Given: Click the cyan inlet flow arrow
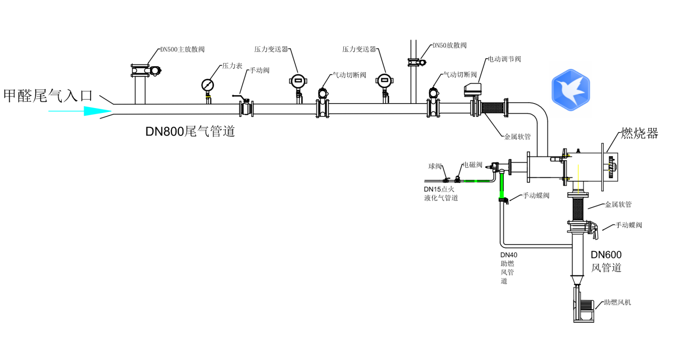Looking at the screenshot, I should click(80, 112).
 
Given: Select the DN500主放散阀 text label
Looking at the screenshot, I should click(182, 50).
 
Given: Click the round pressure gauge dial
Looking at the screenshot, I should click(208, 85).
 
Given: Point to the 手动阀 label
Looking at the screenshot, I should click(260, 71).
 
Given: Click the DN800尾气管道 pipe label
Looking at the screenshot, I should click(190, 132).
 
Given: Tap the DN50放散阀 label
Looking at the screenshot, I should click(449, 45).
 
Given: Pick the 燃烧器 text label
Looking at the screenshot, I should click(639, 133).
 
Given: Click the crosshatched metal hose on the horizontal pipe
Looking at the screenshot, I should click(493, 109).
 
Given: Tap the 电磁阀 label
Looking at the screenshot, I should click(473, 165).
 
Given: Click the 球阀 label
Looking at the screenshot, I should click(435, 166).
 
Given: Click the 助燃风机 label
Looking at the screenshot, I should click(617, 302).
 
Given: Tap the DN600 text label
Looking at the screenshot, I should click(606, 255).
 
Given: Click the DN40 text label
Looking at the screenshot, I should click(509, 255).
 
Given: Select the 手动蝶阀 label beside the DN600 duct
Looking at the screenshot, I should click(629, 225).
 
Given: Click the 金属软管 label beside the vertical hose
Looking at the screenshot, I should click(618, 205).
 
